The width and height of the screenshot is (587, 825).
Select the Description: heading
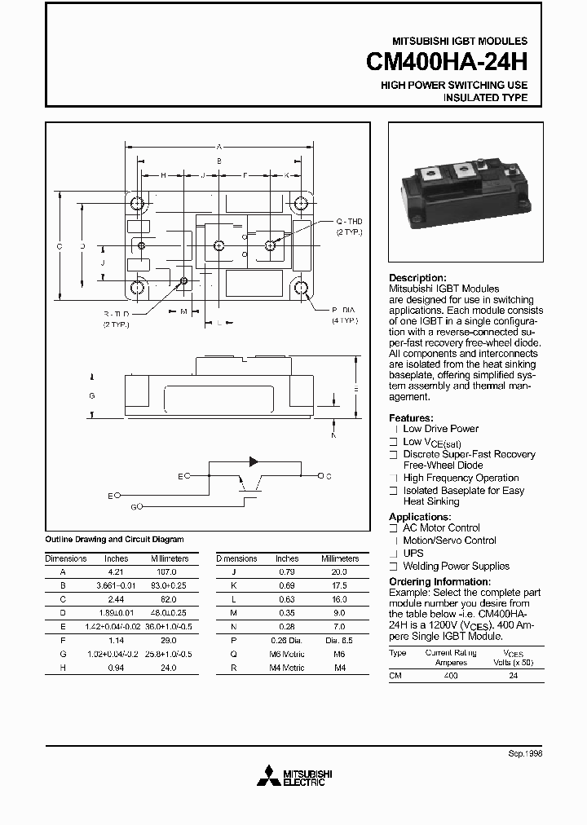click(x=417, y=278)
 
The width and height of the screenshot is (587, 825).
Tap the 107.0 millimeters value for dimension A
click(x=168, y=571)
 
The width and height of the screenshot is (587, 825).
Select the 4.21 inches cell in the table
click(x=116, y=571)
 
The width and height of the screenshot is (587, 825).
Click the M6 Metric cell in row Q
click(x=287, y=655)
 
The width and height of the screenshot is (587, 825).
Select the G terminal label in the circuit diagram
click(x=134, y=507)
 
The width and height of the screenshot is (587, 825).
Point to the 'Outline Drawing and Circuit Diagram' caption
click(x=114, y=540)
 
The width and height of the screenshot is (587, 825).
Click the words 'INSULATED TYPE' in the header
click(x=485, y=98)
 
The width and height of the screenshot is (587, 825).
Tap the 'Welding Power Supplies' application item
click(x=456, y=566)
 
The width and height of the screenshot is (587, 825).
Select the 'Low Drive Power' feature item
click(x=440, y=429)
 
